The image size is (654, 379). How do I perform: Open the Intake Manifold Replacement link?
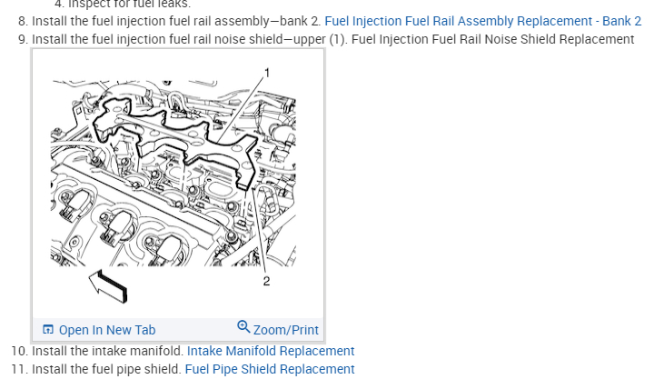point(271,351)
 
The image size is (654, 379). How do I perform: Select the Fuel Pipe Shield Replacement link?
point(270,369)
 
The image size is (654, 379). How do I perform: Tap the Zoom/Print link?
point(285,330)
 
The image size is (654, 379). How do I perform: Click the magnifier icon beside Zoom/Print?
point(243,327)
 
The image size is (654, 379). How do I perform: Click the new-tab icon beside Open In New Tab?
point(49,330)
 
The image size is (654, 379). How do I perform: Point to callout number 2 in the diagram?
point(266,282)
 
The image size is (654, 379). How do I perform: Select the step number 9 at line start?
point(23,39)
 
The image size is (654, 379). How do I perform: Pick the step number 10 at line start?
point(19,351)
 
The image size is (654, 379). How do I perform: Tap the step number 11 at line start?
point(19,369)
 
